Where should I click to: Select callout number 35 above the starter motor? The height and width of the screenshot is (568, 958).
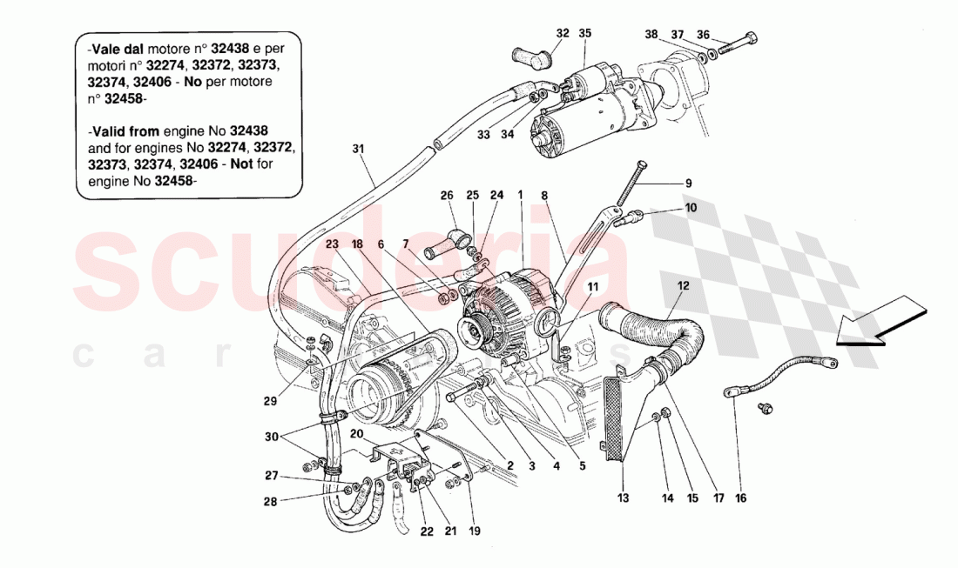pyautogui.click(x=584, y=34)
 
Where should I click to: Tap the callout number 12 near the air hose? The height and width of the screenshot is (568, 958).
pyautogui.click(x=682, y=284)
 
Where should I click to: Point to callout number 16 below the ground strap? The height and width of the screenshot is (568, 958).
pyautogui.click(x=739, y=499)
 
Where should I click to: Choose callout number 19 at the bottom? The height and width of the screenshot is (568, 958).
pyautogui.click(x=475, y=530)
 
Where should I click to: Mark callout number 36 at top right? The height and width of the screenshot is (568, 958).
pyautogui.click(x=704, y=35)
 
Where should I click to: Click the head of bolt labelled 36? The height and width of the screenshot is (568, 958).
pyautogui.click(x=752, y=38)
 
